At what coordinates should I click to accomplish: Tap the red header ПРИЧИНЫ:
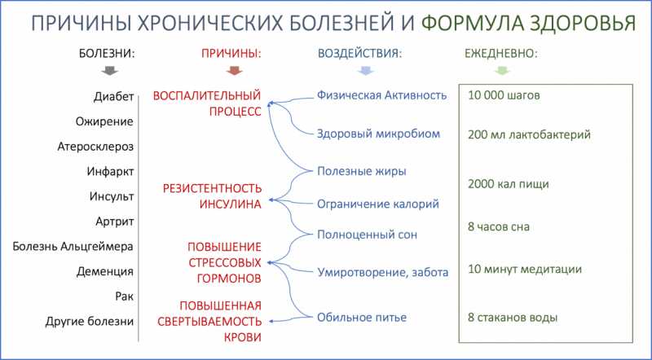click(231, 54)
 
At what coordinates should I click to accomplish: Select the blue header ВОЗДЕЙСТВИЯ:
click(360, 54)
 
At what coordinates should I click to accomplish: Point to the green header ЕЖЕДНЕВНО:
click(501, 54)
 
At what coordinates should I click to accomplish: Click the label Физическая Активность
click(381, 96)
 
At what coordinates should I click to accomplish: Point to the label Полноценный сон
click(367, 235)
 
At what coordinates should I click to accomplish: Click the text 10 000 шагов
click(504, 95)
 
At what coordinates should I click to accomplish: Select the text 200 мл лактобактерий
click(529, 134)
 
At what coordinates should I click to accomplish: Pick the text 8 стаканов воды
click(513, 317)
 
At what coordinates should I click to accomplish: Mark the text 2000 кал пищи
click(508, 184)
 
